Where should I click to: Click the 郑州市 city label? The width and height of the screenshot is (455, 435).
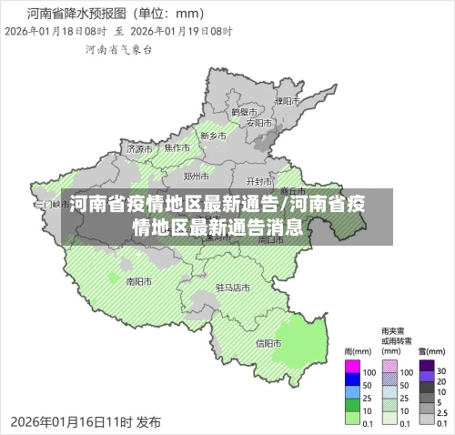[x=197, y=176]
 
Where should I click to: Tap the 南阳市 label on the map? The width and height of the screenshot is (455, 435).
[x=139, y=281]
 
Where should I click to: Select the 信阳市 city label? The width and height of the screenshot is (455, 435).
[x=268, y=343]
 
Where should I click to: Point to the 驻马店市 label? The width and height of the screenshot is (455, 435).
[x=232, y=288]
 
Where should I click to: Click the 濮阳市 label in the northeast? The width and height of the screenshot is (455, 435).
[x=287, y=100]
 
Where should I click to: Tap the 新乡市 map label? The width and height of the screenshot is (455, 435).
[x=213, y=136]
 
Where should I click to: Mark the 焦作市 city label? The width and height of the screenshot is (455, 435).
[x=177, y=147]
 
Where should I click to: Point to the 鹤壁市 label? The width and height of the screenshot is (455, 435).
[x=245, y=110]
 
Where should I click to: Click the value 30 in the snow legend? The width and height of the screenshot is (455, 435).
[x=442, y=371]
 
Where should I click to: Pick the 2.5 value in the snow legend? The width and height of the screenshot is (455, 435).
[x=443, y=411]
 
